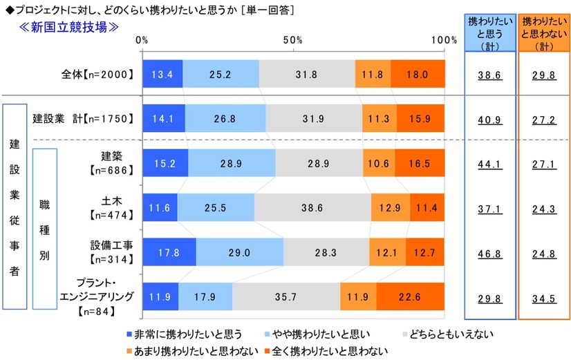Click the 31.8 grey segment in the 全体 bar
coord(307,74)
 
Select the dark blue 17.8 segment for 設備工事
coord(169,252)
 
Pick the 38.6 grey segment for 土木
coord(312,207)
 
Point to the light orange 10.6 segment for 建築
coord(379,162)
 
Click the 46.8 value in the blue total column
coord(489,253)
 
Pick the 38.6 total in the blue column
coord(489,75)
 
